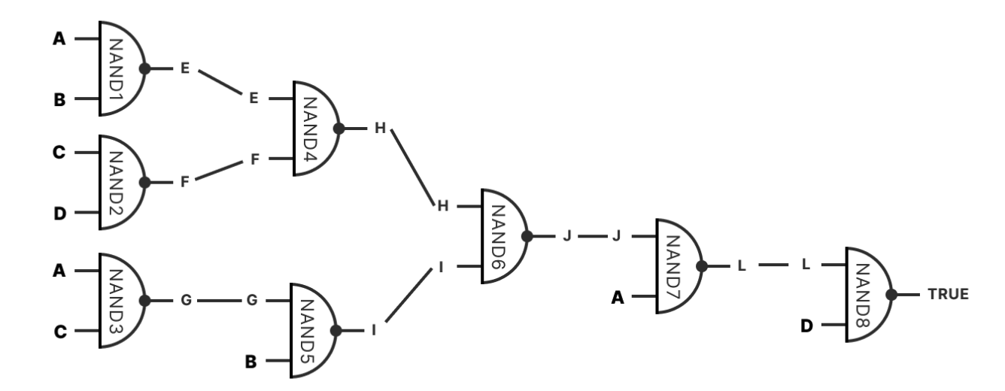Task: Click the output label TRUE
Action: coord(948,295)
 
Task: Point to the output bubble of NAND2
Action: coord(145,183)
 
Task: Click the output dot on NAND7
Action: coord(702,266)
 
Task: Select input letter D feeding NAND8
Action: coord(806,326)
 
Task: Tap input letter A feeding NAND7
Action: coord(618,297)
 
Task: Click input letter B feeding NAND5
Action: coord(250,362)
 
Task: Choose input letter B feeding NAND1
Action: coord(59,99)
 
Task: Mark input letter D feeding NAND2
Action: coord(60,214)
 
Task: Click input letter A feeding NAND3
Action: coord(59,271)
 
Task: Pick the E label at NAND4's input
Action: coord(254,99)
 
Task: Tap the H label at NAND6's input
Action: coord(443,206)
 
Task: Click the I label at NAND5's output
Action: coord(374,330)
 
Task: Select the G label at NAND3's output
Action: coord(187,300)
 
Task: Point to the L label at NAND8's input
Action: coord(806,265)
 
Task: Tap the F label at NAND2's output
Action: coord(184,182)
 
